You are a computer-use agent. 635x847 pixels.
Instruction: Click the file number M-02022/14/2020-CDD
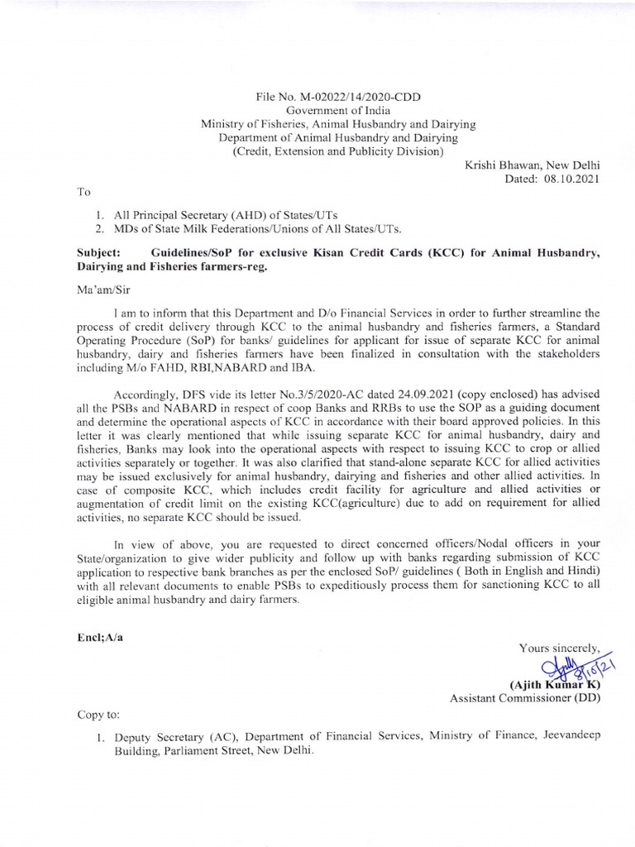[x=364, y=97]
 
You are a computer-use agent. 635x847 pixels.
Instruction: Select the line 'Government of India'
[x=339, y=110]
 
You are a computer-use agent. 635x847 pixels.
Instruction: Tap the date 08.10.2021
[x=568, y=178]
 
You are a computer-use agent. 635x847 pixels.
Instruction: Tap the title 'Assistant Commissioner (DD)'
[x=525, y=698]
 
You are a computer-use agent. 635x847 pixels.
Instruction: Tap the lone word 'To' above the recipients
[x=83, y=191]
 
